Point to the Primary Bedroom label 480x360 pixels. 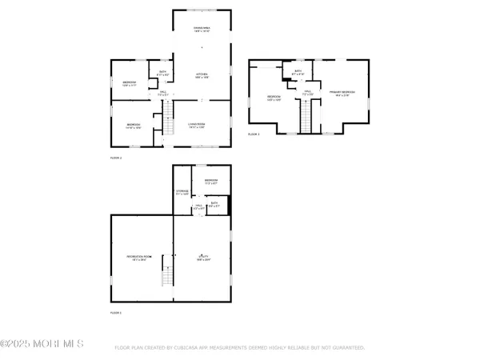(x=342, y=94)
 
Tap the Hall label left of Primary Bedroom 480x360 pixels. (x=306, y=93)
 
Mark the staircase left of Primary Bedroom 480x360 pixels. (x=305, y=118)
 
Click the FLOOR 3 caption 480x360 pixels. (x=254, y=134)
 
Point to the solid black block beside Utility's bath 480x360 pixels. (x=229, y=206)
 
